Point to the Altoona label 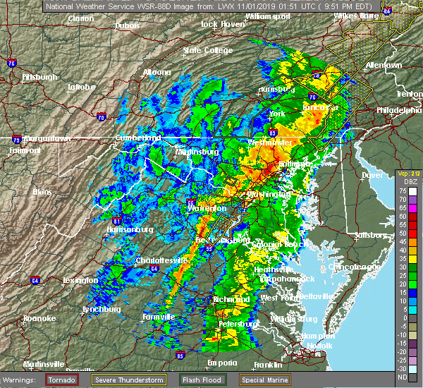point(157,72)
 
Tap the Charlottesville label point(164,260)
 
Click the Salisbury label point(371,234)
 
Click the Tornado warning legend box point(62,380)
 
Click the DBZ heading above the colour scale point(403,182)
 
